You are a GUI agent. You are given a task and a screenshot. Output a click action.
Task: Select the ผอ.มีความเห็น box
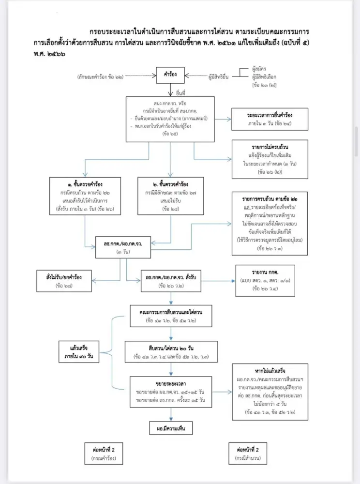click(171, 428)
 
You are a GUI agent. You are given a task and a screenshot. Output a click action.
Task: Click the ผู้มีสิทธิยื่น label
click(221, 76)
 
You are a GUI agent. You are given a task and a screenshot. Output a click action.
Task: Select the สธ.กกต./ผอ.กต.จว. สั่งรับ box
click(170, 280)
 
